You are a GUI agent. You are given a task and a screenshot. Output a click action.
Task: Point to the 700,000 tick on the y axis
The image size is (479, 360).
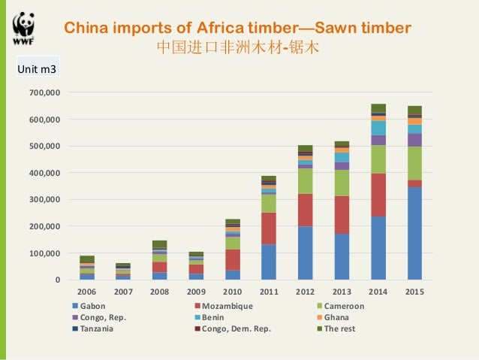coord(46,92)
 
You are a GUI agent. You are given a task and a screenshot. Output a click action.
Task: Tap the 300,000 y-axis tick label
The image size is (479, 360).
coord(46,200)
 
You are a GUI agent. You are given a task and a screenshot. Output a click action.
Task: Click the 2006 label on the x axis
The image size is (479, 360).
coord(87,292)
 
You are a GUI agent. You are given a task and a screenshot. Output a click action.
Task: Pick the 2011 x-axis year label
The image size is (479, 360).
coord(269,292)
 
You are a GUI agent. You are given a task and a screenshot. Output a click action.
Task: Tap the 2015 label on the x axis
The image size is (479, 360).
coord(414,292)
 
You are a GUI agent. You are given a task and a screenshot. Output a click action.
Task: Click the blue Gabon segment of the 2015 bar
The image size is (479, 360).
coord(414,233)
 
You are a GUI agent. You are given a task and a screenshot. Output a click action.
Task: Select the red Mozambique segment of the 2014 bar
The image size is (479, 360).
coord(378,195)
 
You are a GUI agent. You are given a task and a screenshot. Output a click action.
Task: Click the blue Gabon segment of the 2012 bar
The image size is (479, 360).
coord(305,253)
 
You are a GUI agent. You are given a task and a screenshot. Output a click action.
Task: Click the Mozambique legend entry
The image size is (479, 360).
coord(226,307)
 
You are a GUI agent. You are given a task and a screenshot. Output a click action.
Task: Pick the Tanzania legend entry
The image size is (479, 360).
coord(97,329)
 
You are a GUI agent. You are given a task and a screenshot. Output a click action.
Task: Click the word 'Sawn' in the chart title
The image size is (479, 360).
coord(336,29)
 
